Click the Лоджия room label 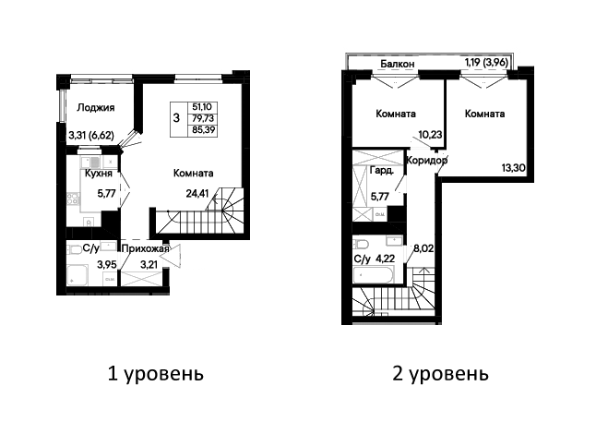pos(95,108)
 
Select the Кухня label pos(99,174)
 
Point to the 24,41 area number pos(197,194)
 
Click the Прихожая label pos(146,248)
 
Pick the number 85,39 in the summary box pos(203,130)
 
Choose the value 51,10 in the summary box pos(202,107)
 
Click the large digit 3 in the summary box pos(176,118)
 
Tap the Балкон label pos(398,64)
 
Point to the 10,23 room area pos(430,135)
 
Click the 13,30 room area pos(514,168)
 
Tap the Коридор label pos(427,161)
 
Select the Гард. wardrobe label pos(382,171)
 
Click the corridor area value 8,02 pos(423,248)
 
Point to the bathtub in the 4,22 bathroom pos(374,275)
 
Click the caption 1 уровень pos(156,374)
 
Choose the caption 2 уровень pos(440,374)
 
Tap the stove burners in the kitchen pos(74,199)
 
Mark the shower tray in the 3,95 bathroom pos(77,274)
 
